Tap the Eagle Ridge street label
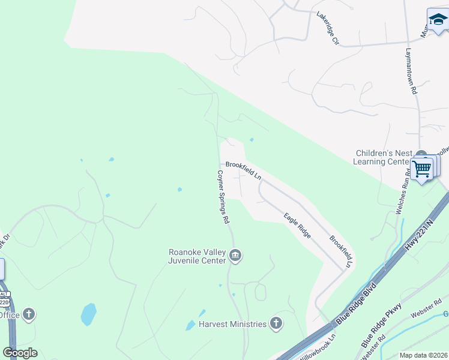click(297, 226)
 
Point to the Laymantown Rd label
click(411, 71)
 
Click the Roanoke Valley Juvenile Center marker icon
click(235, 256)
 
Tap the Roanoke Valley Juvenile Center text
click(197, 256)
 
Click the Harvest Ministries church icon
click(276, 324)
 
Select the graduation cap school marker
click(437, 22)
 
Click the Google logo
click(20, 353)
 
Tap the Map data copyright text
click(423, 355)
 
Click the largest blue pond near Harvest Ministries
click(88, 313)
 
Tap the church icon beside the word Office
click(29, 314)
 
